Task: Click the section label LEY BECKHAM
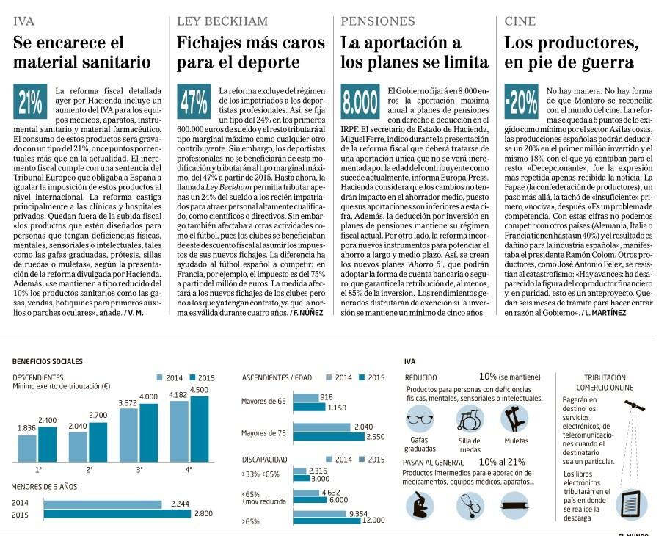point(222,21)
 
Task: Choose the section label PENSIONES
point(378,21)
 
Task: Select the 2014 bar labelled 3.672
point(128,434)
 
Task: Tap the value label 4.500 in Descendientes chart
point(199,390)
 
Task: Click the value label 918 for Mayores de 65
point(327,397)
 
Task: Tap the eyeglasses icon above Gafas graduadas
point(420,421)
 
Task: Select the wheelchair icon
point(470,419)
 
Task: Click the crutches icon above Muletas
point(516,419)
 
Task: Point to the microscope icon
point(420,505)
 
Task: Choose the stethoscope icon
point(470,505)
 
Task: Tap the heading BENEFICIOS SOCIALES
point(48,361)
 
